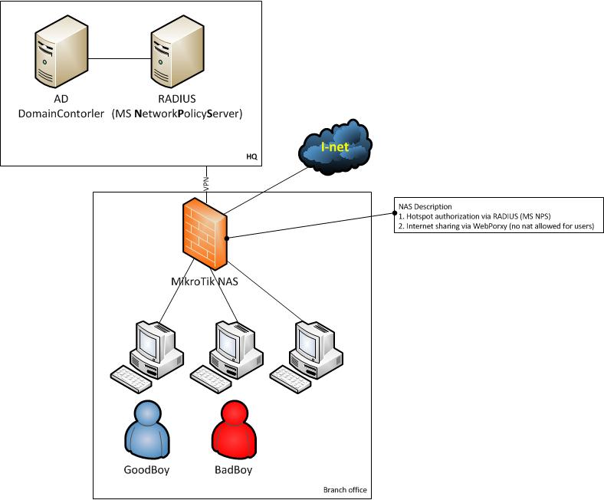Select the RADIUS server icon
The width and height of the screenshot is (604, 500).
tap(177, 52)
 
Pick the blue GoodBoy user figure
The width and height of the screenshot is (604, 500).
tap(146, 429)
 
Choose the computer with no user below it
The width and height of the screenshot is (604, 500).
tap(306, 352)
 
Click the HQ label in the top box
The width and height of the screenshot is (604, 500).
tap(251, 156)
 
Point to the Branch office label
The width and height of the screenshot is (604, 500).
tap(345, 490)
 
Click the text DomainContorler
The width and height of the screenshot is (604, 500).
tap(61, 113)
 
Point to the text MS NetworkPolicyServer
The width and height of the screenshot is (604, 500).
tap(177, 113)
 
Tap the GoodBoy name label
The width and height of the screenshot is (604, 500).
tap(146, 469)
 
